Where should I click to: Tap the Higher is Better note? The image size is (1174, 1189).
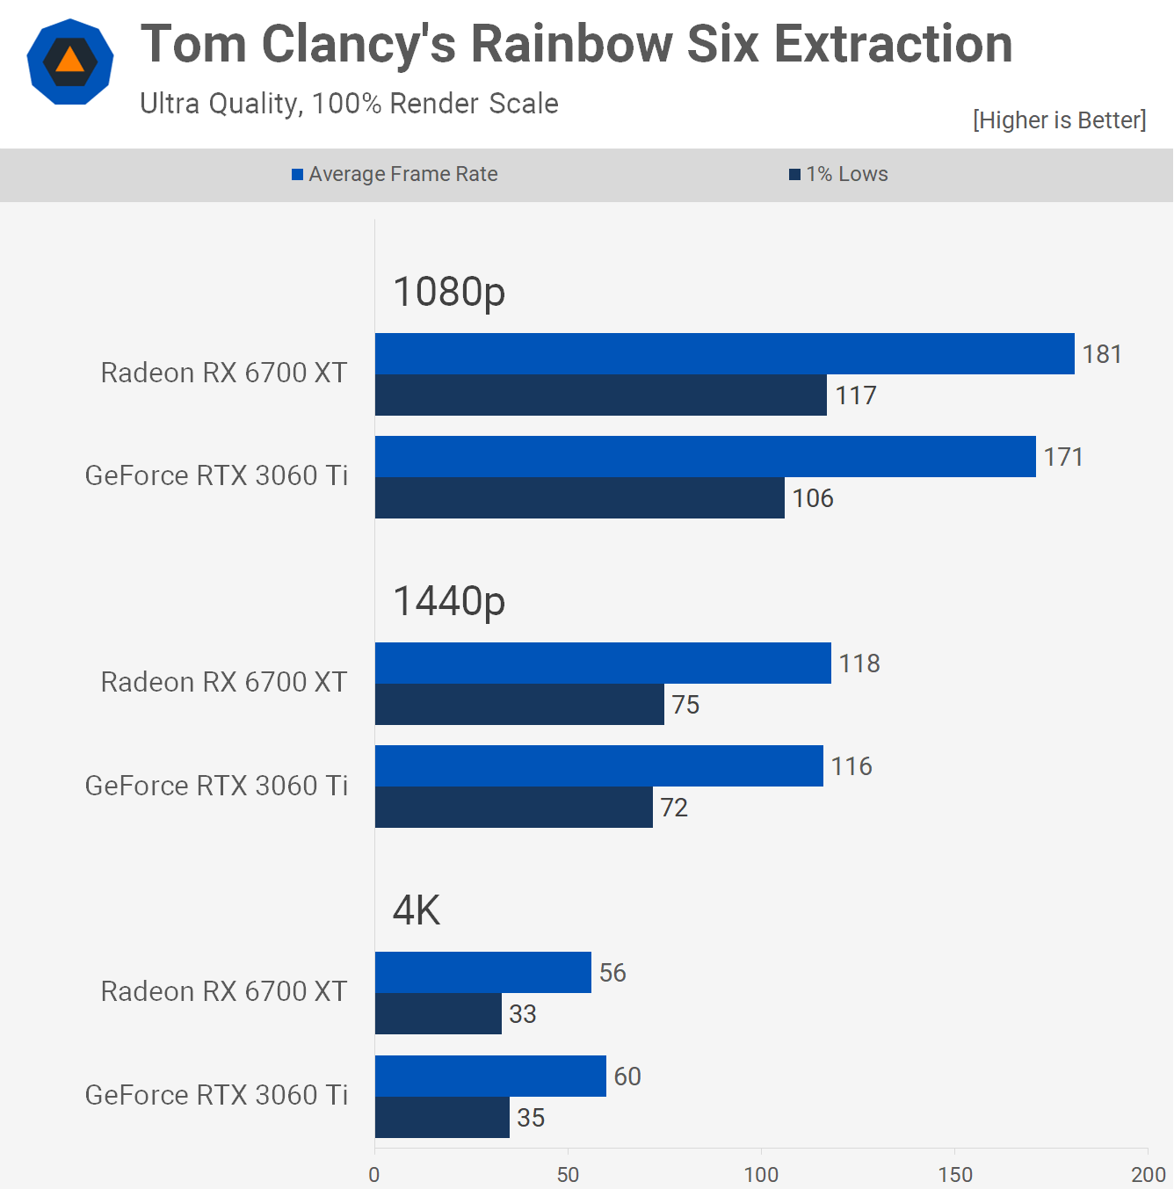[1059, 120]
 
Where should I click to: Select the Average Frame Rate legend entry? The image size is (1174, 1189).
[395, 174]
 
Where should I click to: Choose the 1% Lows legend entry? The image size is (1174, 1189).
[838, 174]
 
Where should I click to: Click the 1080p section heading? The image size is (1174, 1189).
[449, 292]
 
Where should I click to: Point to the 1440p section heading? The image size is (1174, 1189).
[449, 601]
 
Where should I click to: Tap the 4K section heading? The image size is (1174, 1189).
[416, 910]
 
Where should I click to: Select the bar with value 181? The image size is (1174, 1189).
[724, 354]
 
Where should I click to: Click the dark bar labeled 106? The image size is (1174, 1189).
[579, 498]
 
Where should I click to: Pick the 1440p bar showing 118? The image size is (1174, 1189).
[603, 663]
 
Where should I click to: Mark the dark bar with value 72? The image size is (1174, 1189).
[513, 808]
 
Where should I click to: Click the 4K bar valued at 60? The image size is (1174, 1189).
[490, 1077]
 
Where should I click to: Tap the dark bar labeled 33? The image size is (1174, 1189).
[438, 1014]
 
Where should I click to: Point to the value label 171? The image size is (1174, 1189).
[1063, 457]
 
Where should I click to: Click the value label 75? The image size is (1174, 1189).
[685, 705]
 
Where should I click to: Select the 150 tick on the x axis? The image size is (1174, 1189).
[955, 1175]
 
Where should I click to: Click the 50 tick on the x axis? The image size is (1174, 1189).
[568, 1175]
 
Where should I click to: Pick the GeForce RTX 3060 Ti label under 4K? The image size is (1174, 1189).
[216, 1095]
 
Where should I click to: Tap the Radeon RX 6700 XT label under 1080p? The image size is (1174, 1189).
[224, 373]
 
